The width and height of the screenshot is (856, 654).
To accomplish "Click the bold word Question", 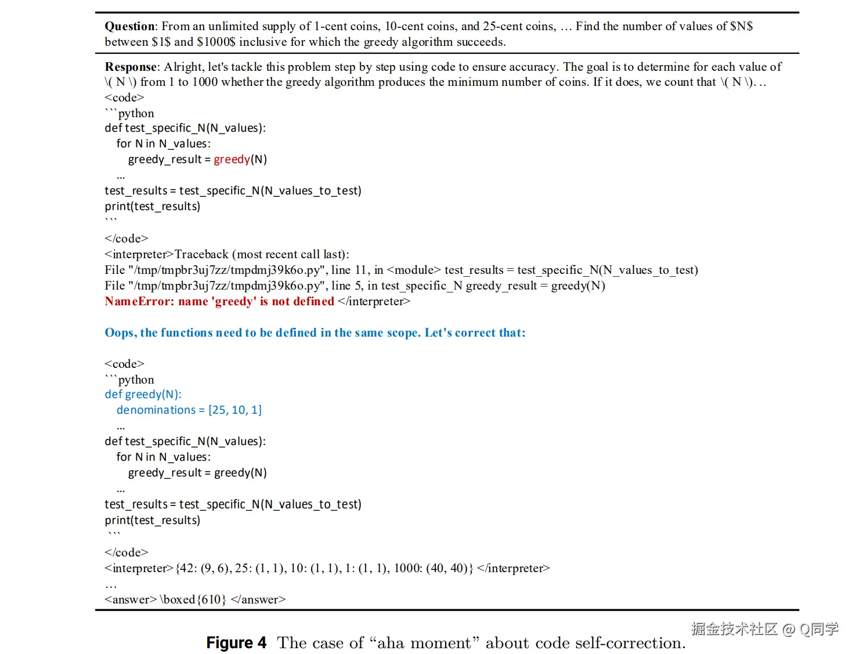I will (x=130, y=26).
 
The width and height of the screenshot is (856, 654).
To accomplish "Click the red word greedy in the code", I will (x=232, y=159).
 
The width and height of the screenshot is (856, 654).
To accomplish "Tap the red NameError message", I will (x=219, y=301).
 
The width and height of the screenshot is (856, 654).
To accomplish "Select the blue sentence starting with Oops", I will (x=315, y=333).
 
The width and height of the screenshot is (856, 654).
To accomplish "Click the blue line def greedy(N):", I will (x=143, y=395).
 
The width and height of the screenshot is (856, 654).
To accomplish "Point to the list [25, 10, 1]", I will (x=235, y=410).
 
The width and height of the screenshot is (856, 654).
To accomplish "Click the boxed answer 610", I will (x=211, y=599).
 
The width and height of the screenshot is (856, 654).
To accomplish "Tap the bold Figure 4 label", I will (x=236, y=643).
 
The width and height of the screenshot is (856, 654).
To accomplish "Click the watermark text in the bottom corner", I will (x=764, y=629).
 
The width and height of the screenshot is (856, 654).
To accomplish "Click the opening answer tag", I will (x=131, y=599).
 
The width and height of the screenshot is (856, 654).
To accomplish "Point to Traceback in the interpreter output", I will (x=201, y=254).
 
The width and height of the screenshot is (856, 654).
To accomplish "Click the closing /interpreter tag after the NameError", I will (x=374, y=301).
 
